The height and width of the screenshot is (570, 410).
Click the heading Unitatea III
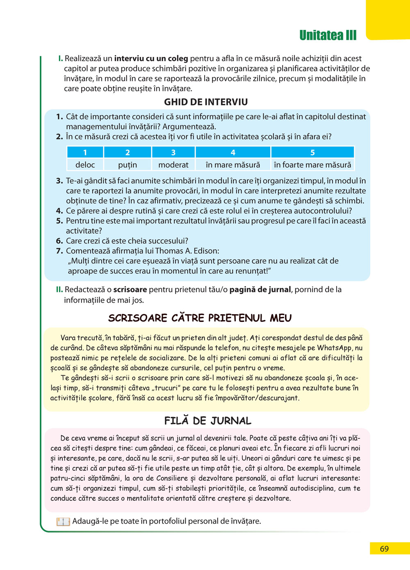328,35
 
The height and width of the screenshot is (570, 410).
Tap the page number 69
384,549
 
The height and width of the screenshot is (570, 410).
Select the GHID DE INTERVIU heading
206,102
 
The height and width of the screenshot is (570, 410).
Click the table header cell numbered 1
85,153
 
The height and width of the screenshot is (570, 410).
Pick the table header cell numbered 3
173,153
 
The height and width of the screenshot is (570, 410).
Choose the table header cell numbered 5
312,153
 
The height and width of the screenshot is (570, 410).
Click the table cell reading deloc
85,165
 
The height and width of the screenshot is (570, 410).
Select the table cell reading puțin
128,165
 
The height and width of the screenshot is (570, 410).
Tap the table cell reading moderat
173,165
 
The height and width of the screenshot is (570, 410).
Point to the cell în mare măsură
233,165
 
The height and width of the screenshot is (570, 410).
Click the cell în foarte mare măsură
312,165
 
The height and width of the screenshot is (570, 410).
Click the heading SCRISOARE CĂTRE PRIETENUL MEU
200,318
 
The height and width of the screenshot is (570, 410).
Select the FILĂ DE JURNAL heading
207,421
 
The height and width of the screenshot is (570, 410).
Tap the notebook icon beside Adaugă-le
63,522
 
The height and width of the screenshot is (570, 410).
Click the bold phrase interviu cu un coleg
151,59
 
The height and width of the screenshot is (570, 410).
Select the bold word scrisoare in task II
130,290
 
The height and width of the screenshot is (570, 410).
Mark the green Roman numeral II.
59,290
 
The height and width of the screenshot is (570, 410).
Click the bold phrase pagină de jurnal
260,290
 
